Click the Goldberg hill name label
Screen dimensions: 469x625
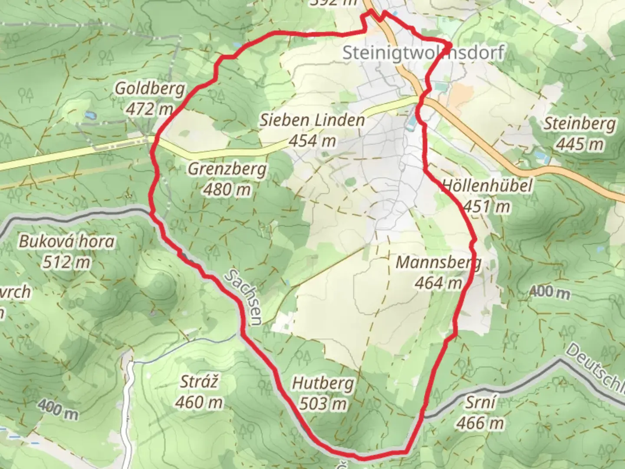[x=150, y=89]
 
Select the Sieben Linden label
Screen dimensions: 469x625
[x=312, y=120]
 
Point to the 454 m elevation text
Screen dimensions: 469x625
[x=312, y=140]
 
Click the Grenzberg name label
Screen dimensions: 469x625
[x=227, y=168]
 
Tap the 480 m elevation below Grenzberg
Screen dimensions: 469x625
[x=227, y=189]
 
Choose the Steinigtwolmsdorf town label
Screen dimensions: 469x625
[x=423, y=53]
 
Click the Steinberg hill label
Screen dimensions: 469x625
[x=580, y=124]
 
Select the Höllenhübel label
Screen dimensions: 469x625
[x=487, y=186]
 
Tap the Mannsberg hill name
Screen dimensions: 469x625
[x=438, y=263]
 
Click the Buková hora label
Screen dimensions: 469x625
[x=67, y=241]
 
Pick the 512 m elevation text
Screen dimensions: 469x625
[x=67, y=262]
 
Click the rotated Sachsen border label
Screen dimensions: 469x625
[x=243, y=297]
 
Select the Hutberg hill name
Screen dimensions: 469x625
[x=323, y=383]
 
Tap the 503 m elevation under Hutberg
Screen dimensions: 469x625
[x=323, y=404]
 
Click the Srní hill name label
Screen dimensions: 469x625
[x=480, y=403]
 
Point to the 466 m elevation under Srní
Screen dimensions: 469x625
[x=480, y=423]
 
